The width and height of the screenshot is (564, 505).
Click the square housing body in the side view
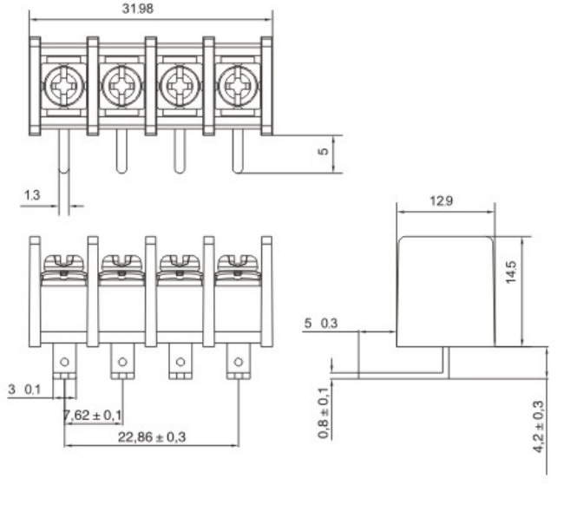pos(446,290)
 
